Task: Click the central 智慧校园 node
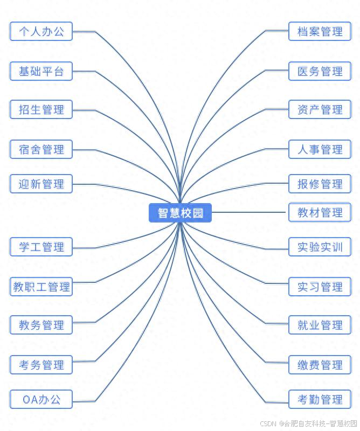tap(180, 213)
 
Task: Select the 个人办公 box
tap(41, 31)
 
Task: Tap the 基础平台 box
tap(41, 71)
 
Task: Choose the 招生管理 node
tap(41, 110)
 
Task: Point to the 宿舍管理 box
tap(41, 149)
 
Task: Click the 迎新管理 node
tap(41, 184)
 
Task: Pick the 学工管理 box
tap(41, 247)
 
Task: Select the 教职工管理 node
tap(41, 287)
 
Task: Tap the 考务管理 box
tap(41, 365)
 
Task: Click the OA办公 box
tap(41, 400)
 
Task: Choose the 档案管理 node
tap(320, 31)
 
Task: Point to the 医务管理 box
tap(320, 71)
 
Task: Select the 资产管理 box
tap(320, 110)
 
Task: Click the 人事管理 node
tap(320, 149)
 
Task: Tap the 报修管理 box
tap(320, 184)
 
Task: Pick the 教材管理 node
tap(320, 212)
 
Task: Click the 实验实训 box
tap(320, 247)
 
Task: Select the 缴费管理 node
tap(320, 365)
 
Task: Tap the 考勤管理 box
tap(320, 400)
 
